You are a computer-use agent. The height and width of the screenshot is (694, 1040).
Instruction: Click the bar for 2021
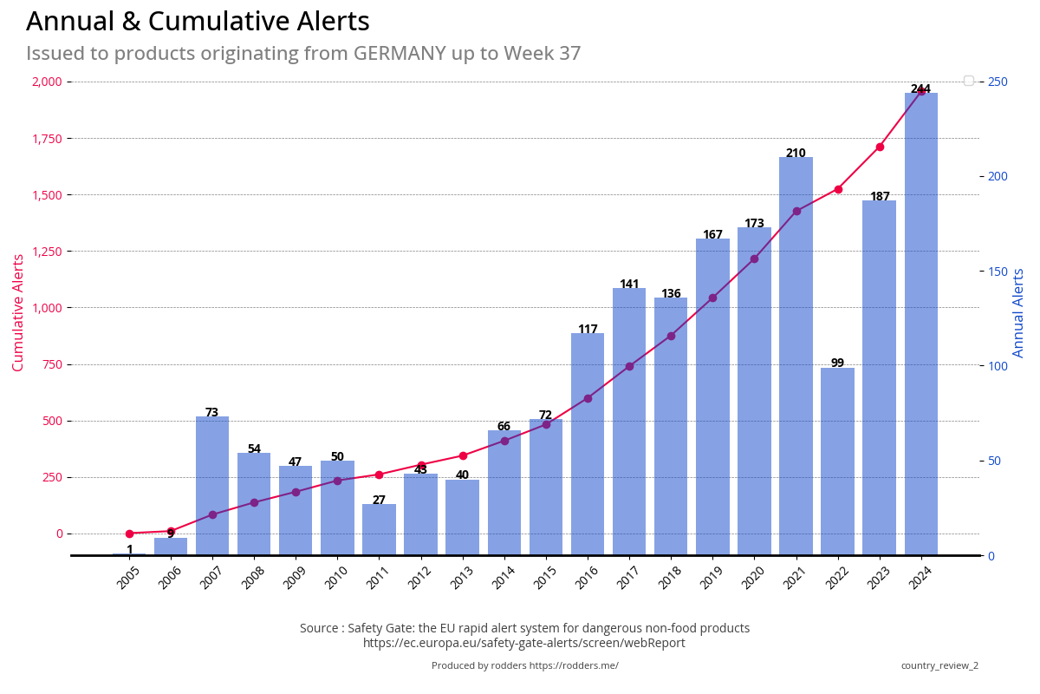[x=796, y=356]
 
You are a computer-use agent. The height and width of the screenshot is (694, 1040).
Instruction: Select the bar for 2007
[x=212, y=486]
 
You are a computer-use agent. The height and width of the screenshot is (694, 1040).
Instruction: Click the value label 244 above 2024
[x=920, y=89]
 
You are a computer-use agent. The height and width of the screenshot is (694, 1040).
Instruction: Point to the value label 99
[x=837, y=363]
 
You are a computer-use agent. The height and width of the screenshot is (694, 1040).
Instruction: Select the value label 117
[x=588, y=329]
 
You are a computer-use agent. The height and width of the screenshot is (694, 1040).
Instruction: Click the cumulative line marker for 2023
[x=880, y=147]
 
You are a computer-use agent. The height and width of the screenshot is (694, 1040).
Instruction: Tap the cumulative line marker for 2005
[x=129, y=534]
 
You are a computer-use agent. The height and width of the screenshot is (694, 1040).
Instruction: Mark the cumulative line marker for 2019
[x=712, y=298]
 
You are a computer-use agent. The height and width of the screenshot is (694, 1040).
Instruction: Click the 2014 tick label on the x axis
[x=504, y=578]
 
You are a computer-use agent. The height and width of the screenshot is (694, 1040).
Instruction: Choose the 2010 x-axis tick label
[x=337, y=578]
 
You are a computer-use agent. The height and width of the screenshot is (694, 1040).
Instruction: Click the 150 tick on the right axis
[x=998, y=272]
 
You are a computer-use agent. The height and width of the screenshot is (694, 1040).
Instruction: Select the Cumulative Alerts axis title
[x=18, y=312]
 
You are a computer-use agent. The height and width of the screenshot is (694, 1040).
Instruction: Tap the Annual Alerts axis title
[x=1019, y=312]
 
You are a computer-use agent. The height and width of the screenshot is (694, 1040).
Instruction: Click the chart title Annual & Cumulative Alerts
[x=198, y=22]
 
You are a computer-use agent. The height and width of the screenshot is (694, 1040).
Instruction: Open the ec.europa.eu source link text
[x=524, y=643]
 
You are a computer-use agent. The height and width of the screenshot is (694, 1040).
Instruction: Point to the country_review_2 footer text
[x=939, y=665]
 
